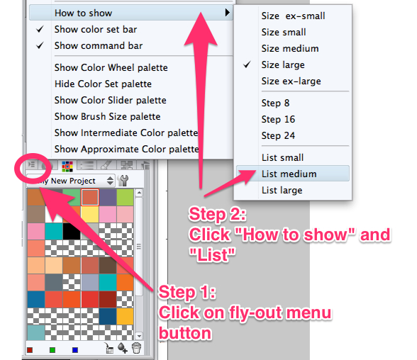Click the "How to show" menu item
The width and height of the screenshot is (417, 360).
click(x=83, y=13)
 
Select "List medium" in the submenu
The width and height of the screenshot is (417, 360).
click(x=289, y=174)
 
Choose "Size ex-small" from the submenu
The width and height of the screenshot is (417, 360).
click(x=293, y=16)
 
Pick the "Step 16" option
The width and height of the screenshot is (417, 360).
click(x=278, y=119)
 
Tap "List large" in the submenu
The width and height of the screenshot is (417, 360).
click(x=282, y=190)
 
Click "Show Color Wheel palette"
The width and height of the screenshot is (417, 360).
click(x=111, y=67)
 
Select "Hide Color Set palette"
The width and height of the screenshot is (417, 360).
click(x=103, y=84)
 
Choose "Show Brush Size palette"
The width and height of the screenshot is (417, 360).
click(x=108, y=117)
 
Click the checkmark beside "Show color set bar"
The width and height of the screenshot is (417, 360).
click(x=40, y=29)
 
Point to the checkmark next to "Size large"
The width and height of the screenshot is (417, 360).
click(x=247, y=64)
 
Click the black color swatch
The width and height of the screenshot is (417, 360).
click(x=72, y=232)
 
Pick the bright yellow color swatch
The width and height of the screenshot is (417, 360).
click(x=90, y=215)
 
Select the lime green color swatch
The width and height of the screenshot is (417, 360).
click(x=125, y=197)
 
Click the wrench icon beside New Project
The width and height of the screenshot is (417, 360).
click(x=123, y=181)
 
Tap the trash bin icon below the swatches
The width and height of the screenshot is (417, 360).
click(x=136, y=348)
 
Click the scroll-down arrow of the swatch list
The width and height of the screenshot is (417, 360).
click(x=139, y=336)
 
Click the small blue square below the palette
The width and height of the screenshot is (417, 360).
click(x=75, y=350)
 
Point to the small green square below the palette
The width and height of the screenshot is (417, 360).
click(x=52, y=350)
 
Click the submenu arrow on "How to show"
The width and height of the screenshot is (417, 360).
click(x=227, y=12)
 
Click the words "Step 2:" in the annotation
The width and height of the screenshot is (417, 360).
click(x=218, y=214)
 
